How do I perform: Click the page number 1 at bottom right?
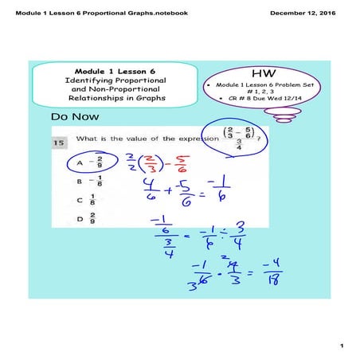tap(339, 345)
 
